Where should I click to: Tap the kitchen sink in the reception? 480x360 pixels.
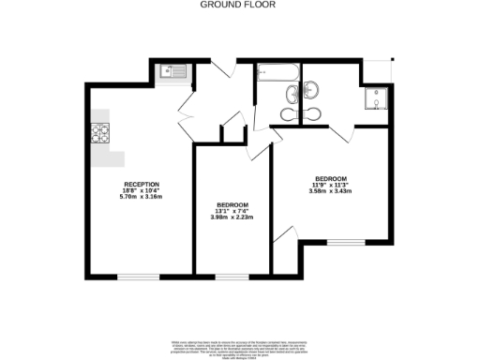(x=172, y=70)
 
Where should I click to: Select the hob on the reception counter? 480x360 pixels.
(x=100, y=134)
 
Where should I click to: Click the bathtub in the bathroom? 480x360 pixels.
(x=277, y=70)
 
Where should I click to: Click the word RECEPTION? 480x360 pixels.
(x=142, y=184)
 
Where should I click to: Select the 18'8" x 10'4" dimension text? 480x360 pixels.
(x=142, y=190)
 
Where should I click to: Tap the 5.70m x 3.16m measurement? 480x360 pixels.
(x=142, y=197)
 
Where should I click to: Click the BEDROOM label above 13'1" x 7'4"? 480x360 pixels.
(x=232, y=205)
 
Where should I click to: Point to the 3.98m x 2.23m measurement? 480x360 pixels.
(x=232, y=218)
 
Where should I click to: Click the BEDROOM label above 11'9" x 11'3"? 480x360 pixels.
(x=331, y=179)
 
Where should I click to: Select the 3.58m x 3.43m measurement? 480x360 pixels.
(x=331, y=191)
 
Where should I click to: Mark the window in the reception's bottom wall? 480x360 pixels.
(x=137, y=277)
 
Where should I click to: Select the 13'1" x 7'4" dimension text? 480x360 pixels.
(x=232, y=212)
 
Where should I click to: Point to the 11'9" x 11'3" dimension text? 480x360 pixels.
(x=331, y=186)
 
